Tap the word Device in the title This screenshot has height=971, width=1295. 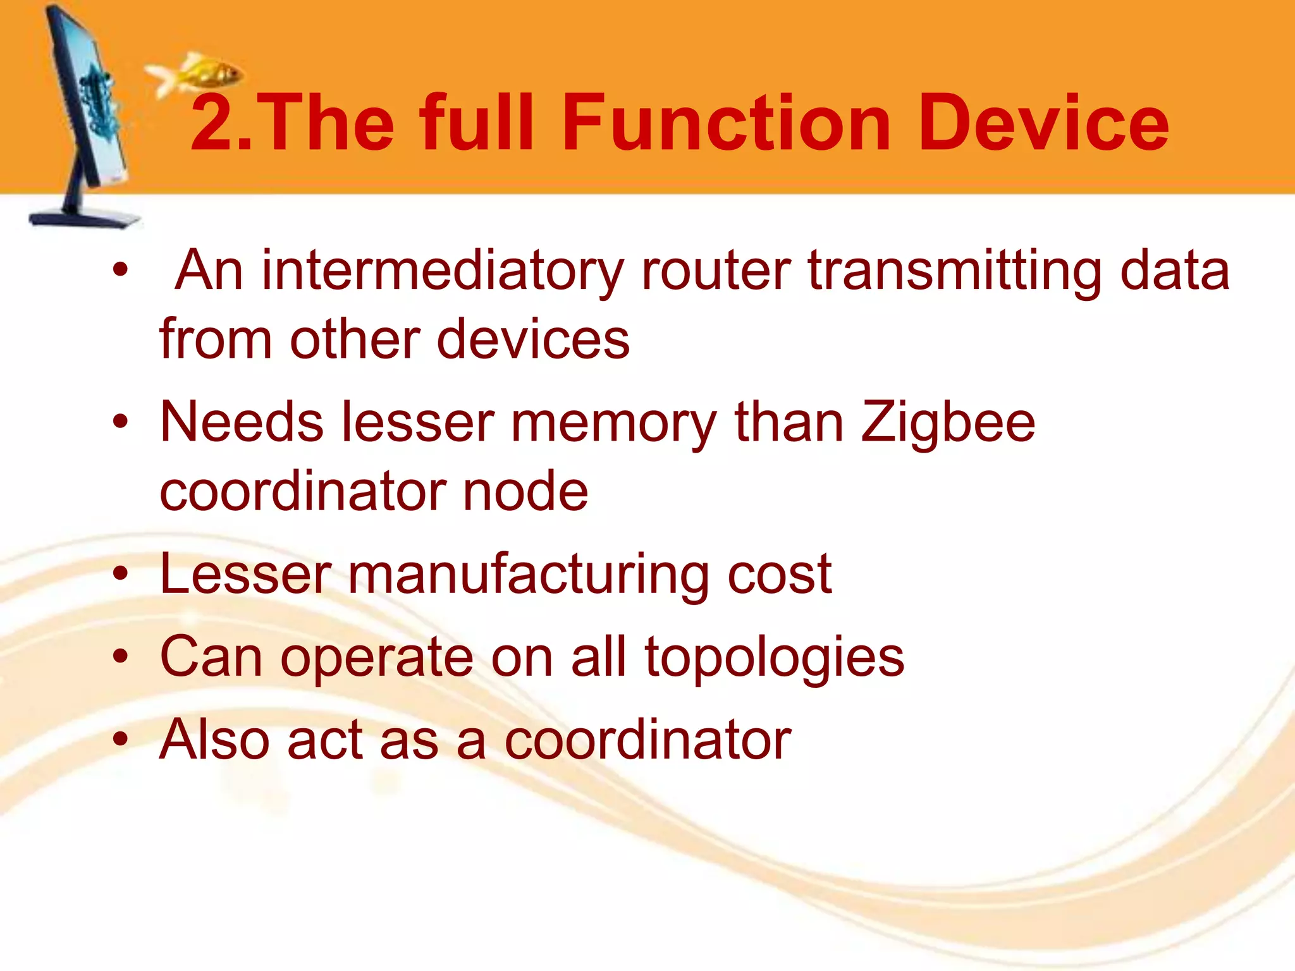1043,123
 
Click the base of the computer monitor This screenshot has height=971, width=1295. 85,218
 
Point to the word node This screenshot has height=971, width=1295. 525,491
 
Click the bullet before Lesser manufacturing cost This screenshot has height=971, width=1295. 120,574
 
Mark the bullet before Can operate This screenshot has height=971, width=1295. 120,657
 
